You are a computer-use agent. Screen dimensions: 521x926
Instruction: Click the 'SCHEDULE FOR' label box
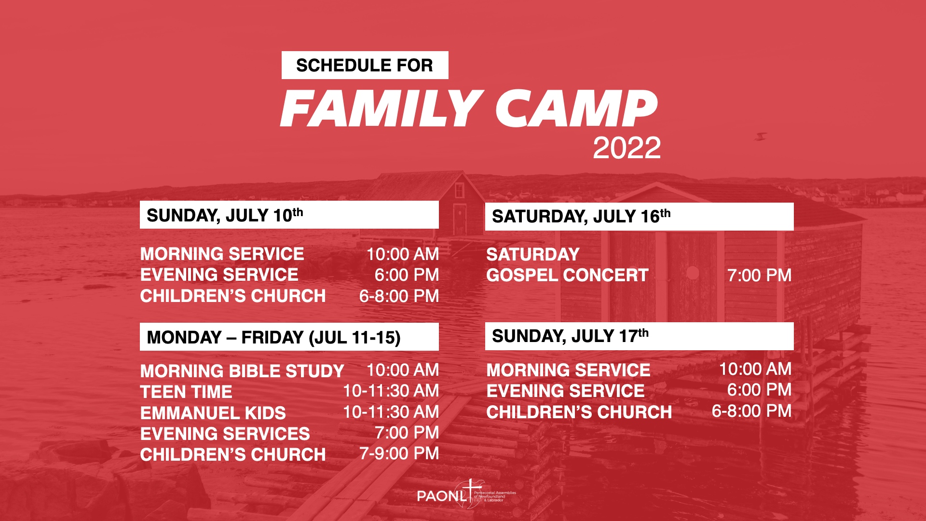pos(365,65)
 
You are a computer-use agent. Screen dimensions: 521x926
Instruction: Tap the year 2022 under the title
pos(626,148)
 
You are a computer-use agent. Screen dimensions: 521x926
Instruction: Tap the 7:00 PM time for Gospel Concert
pos(759,275)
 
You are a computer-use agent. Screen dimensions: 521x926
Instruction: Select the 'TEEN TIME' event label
pos(186,392)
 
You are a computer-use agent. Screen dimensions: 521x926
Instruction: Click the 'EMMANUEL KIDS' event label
pos(213,413)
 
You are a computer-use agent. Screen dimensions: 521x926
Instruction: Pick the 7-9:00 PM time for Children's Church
pos(399,453)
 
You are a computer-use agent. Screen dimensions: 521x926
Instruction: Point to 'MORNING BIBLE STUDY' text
pos(242,371)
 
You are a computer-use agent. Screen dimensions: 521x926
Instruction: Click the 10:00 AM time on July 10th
pos(403,254)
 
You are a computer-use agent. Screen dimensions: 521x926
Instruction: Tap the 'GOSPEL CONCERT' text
pos(567,275)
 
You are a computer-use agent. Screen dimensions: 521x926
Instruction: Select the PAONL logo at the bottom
pos(466,494)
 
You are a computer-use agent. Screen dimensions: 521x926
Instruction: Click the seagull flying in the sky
pos(761,137)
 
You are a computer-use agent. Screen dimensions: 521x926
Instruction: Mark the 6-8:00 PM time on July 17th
pos(751,411)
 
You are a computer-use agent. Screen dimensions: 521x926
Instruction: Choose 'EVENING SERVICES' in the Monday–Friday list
pos(225,434)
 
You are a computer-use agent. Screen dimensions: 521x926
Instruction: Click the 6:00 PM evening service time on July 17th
pos(759,390)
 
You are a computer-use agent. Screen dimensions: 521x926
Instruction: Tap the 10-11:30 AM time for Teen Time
pos(391,391)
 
